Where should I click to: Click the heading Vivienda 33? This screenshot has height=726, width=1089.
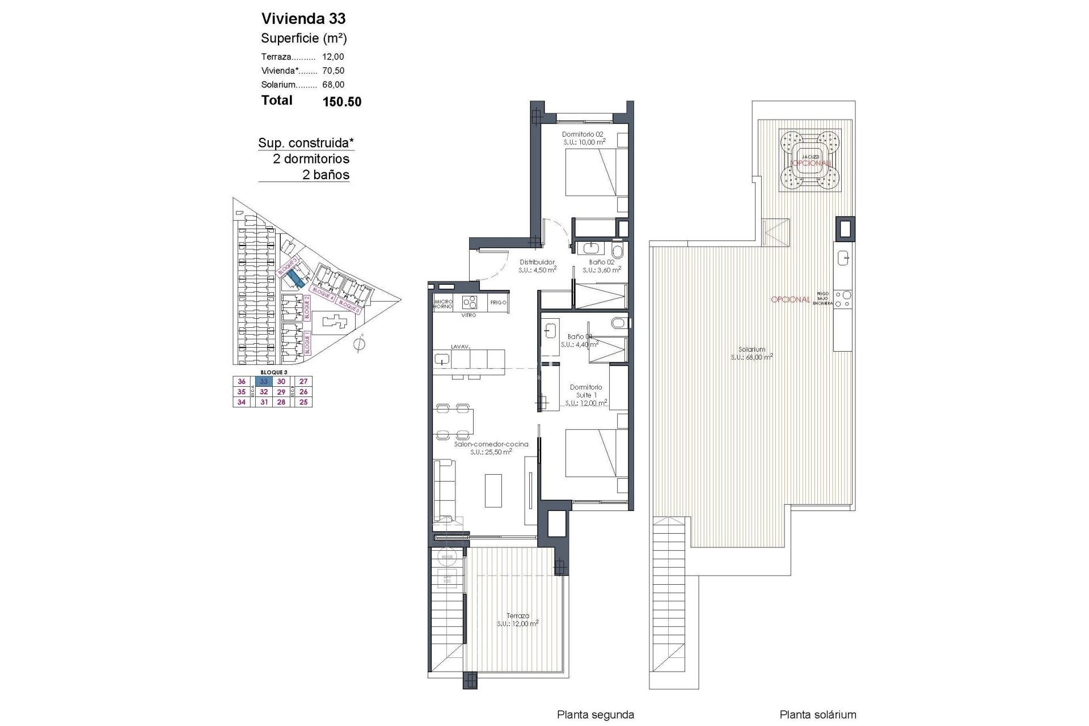click(303, 19)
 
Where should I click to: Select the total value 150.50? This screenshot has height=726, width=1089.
click(341, 102)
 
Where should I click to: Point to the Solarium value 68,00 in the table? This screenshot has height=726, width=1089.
click(333, 85)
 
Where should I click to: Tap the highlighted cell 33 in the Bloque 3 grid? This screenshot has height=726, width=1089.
click(264, 382)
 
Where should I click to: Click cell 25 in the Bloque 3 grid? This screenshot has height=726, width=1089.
click(303, 402)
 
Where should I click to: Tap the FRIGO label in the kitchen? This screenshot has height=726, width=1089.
click(498, 302)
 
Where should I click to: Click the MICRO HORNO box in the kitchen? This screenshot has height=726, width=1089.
click(443, 303)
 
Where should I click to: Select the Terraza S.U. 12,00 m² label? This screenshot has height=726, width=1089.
click(517, 619)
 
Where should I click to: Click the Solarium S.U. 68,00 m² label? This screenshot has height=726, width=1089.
click(752, 353)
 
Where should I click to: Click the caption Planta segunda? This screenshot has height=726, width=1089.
click(595, 715)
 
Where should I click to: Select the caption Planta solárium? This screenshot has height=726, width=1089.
click(817, 715)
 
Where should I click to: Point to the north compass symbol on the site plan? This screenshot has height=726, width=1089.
click(359, 344)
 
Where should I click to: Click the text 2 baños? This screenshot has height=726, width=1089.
click(326, 175)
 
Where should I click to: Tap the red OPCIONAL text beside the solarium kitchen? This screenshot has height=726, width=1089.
click(790, 299)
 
